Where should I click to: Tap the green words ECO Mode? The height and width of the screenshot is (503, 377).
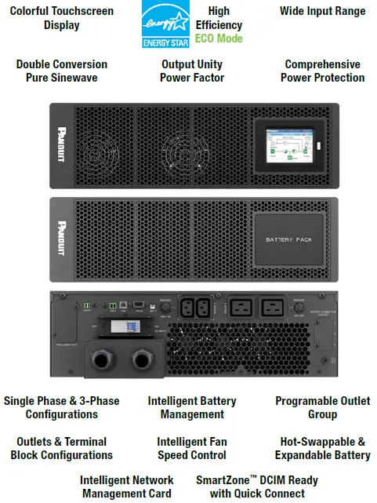[x=219, y=38]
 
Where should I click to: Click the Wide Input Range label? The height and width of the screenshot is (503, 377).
[x=322, y=11]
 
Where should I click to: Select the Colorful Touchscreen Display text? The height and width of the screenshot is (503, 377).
[x=61, y=18]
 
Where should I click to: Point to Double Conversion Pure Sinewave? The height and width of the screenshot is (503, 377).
[x=62, y=71]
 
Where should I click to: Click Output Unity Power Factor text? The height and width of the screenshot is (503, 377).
[x=192, y=71]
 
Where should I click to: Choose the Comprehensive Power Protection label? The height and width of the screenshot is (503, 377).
[x=322, y=71]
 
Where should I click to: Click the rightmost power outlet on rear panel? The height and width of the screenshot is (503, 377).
[x=273, y=307]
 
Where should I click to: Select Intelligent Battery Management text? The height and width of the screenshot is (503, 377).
[x=192, y=407]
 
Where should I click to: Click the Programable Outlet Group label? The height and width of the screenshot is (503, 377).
[x=322, y=407]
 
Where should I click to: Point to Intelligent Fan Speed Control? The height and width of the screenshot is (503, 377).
[x=192, y=448]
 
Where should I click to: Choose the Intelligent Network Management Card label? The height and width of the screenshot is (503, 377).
[x=127, y=487]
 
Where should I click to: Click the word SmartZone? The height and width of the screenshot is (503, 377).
[x=222, y=479]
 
